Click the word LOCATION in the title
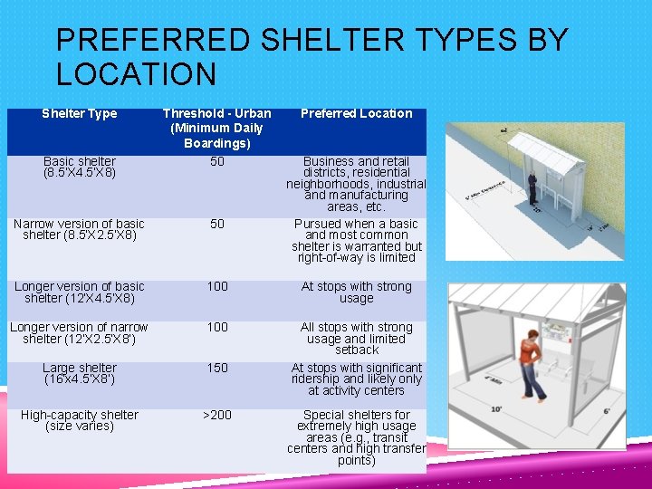(x=136, y=73)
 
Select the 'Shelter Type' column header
(x=80, y=114)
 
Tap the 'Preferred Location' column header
(x=356, y=114)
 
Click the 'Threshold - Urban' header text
(x=216, y=114)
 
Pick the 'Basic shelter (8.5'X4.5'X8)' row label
(x=80, y=167)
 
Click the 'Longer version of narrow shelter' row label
(x=80, y=332)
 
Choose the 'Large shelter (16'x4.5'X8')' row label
(x=80, y=373)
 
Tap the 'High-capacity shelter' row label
(x=80, y=420)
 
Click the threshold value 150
(x=217, y=369)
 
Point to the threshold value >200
(x=217, y=416)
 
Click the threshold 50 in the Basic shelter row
(x=217, y=162)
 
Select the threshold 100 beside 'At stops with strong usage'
(x=217, y=287)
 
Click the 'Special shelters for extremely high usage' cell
(x=356, y=437)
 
